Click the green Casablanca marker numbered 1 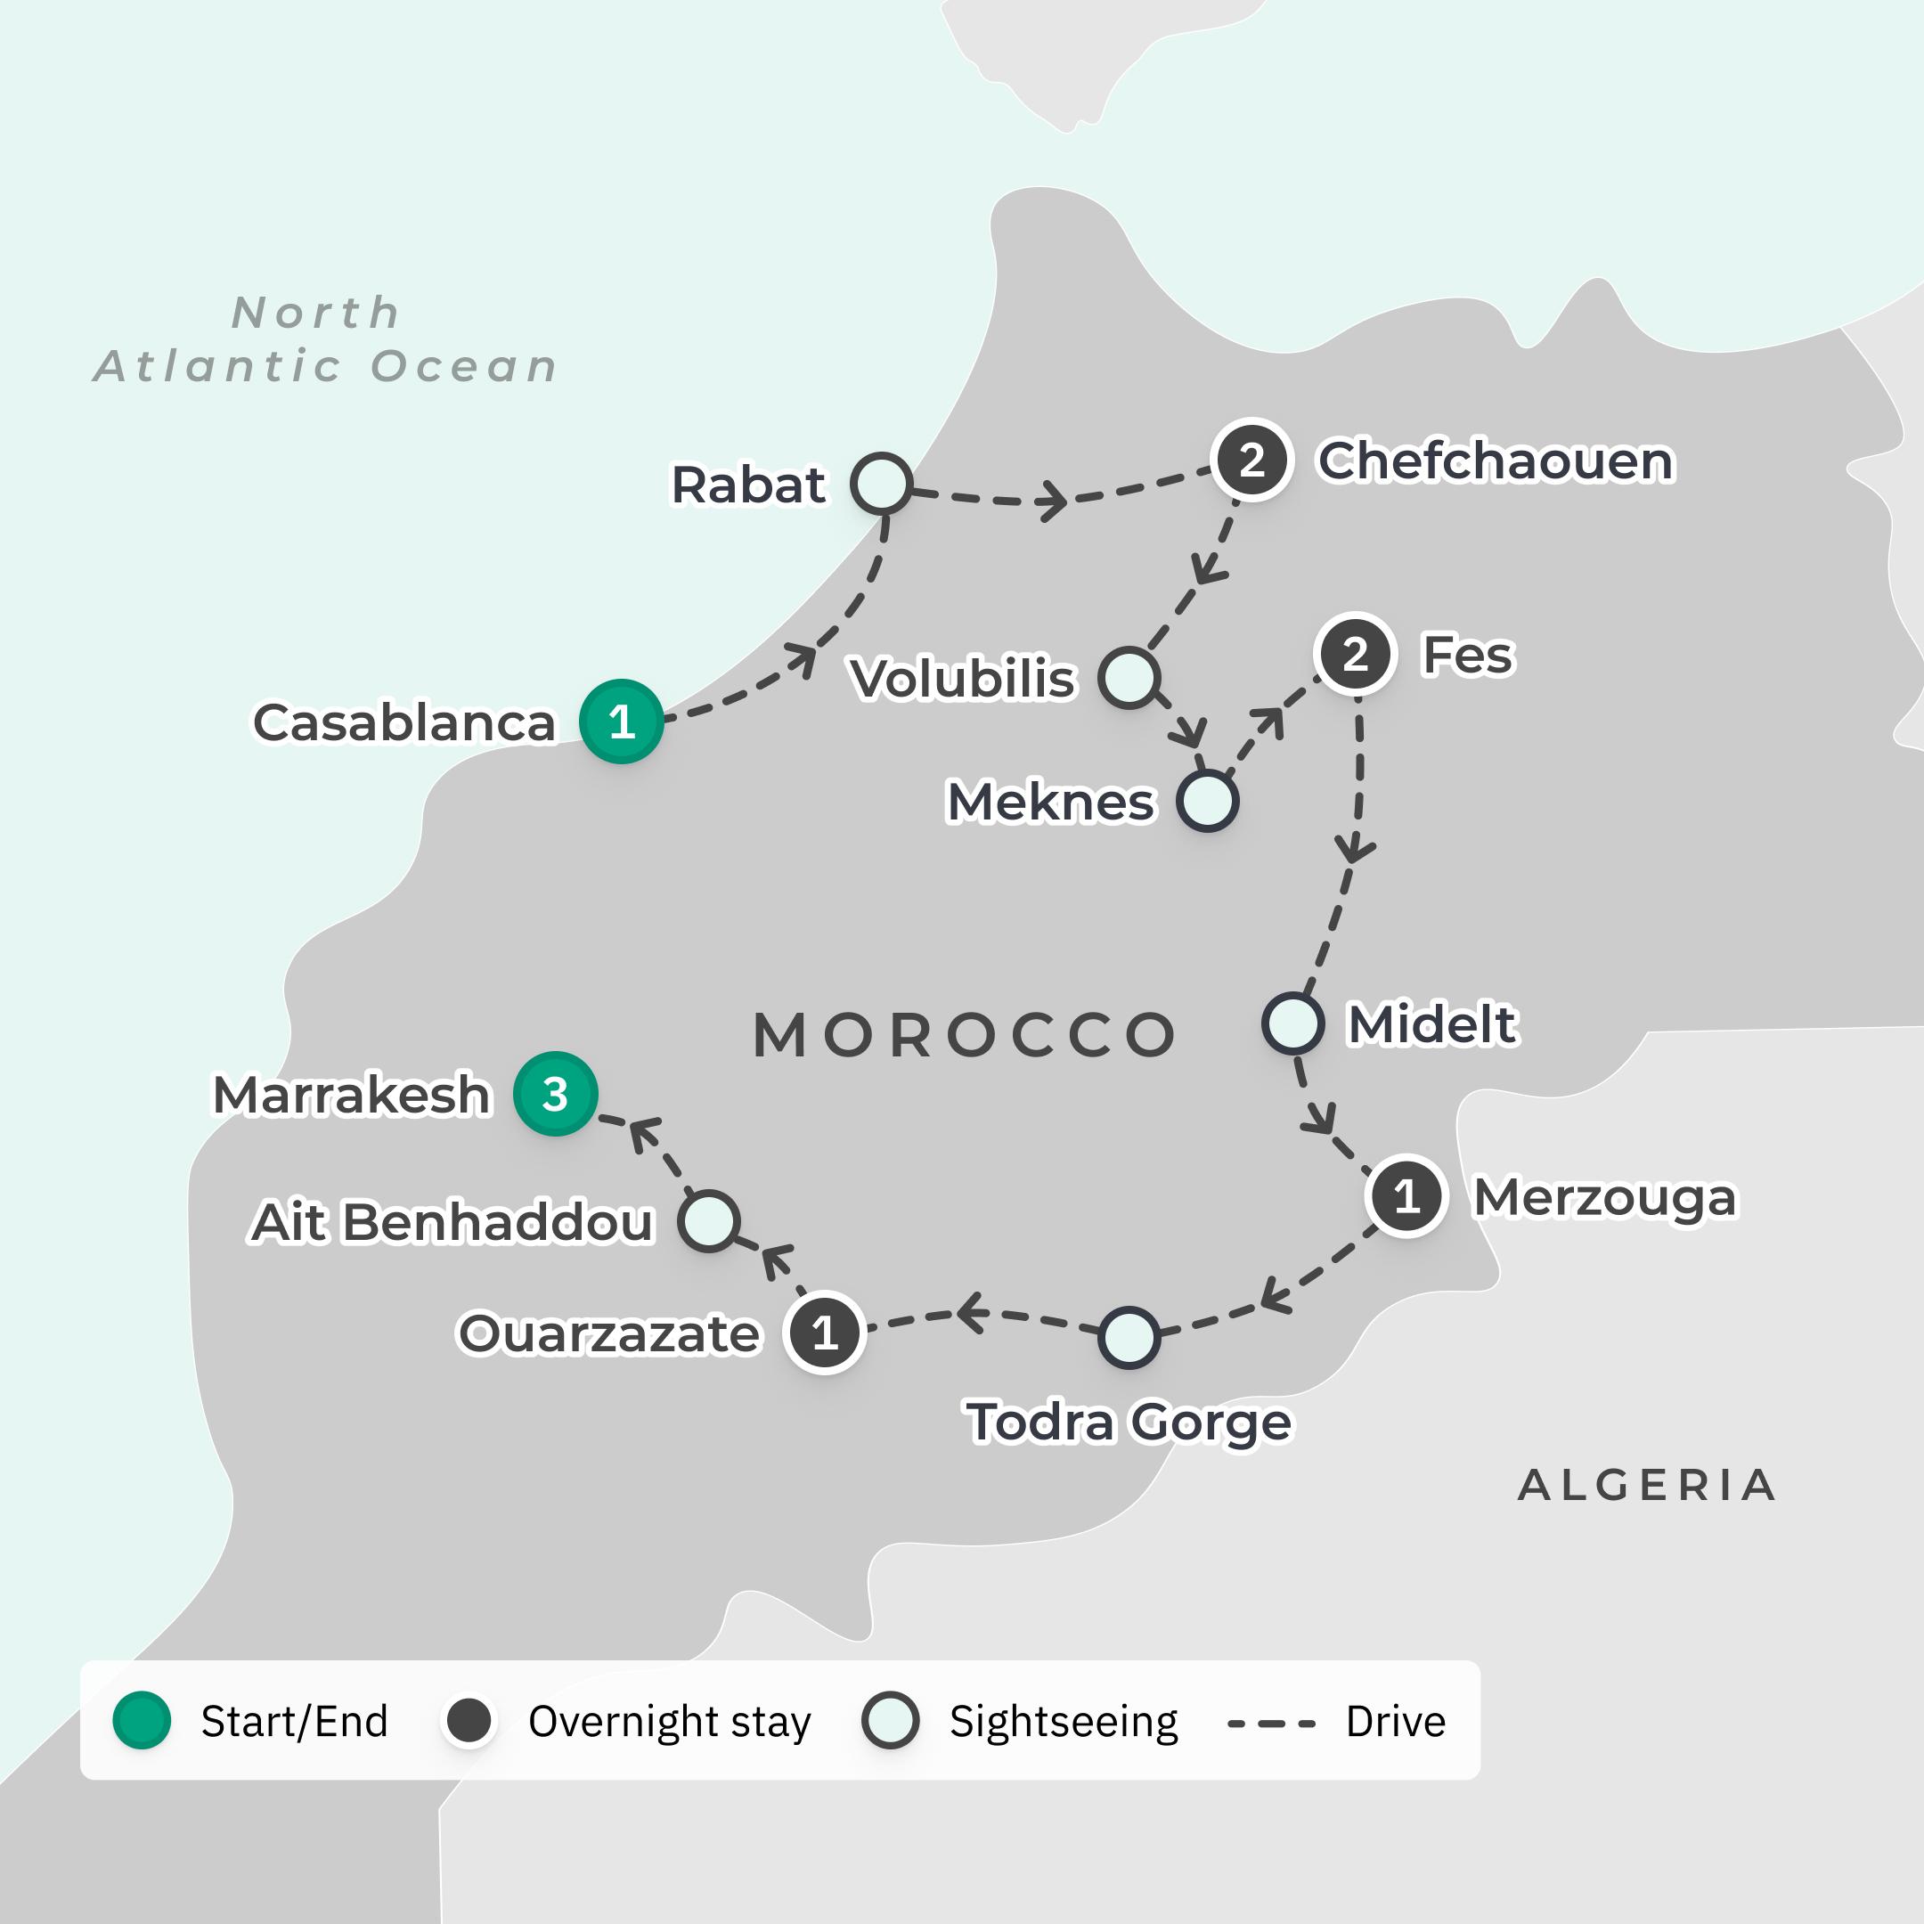tap(622, 721)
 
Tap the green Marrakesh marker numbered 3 tap(555, 1094)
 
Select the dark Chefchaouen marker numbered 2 tap(1251, 459)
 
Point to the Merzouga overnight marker tap(1406, 1196)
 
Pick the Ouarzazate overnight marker tap(824, 1333)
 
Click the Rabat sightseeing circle tap(881, 483)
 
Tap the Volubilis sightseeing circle tap(1129, 677)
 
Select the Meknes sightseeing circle tap(1207, 801)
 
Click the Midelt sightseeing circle tap(1292, 1023)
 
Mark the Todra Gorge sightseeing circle tap(1129, 1337)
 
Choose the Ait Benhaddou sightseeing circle tap(708, 1220)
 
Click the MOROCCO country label tap(964, 1035)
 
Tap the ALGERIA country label tap(1647, 1485)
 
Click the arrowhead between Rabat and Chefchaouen tap(1054, 499)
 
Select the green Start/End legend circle tap(142, 1720)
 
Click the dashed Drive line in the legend tap(1272, 1722)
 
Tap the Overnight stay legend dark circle tap(468, 1720)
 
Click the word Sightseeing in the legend tap(1063, 1721)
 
